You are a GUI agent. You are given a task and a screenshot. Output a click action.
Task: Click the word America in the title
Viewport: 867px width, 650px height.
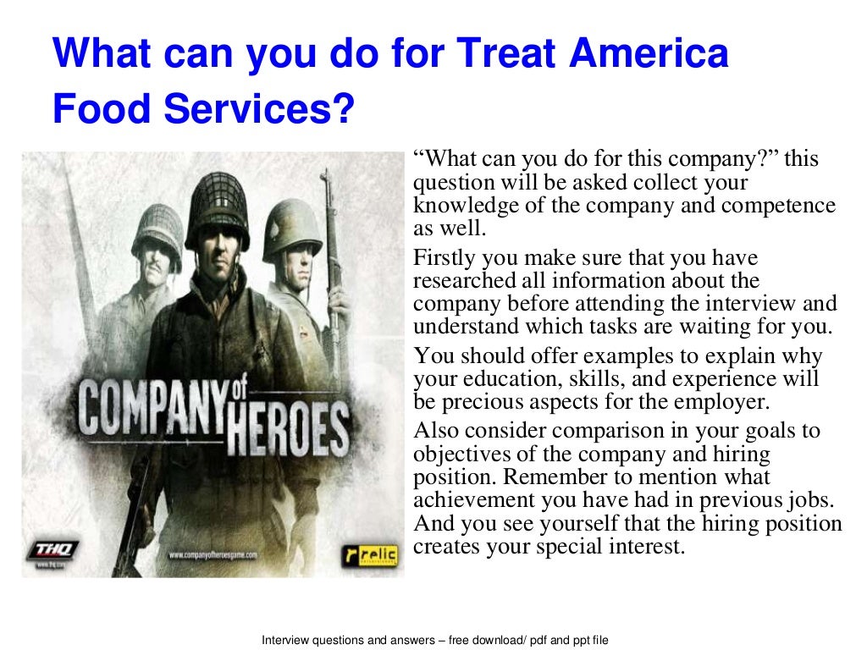(x=649, y=54)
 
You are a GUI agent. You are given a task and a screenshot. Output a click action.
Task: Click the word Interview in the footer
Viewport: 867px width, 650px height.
(x=284, y=640)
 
